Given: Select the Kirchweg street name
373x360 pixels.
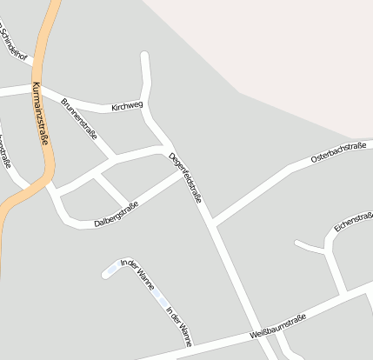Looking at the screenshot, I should [127, 107].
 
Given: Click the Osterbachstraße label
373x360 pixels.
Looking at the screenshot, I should [337, 153].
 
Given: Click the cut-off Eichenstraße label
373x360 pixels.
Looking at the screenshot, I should [353, 222].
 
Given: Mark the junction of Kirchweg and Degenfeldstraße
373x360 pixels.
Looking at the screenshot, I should [147, 111].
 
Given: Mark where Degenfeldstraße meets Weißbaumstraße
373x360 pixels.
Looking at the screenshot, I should [260, 334].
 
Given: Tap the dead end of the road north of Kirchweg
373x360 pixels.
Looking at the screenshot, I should [144, 57].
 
